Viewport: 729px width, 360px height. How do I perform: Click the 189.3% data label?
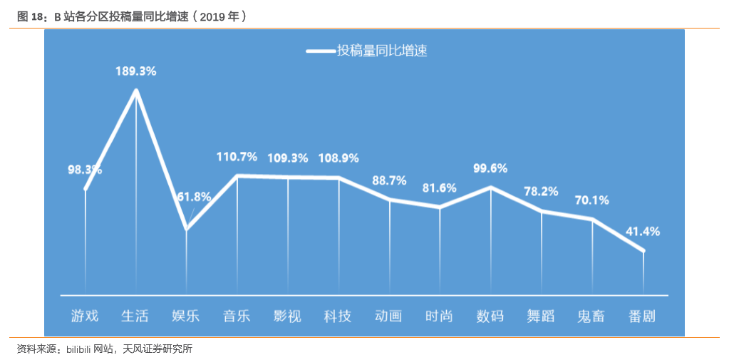136,71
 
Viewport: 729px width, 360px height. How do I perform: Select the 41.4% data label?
643,231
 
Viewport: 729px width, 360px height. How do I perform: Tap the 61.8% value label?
194,196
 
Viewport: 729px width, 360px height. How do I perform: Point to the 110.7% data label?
237,157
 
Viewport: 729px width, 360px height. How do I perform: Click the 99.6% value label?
490,168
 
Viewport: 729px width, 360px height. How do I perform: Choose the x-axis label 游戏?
85,316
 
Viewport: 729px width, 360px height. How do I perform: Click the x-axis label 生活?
135,316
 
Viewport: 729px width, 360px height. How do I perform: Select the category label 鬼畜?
591,316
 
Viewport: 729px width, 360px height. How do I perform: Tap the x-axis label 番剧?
643,316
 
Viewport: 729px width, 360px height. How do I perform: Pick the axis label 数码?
490,316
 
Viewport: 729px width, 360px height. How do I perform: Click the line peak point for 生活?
136,91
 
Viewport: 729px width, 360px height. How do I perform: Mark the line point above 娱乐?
187,229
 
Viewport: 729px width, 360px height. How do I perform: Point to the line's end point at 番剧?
643,250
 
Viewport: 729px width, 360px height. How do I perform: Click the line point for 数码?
490,187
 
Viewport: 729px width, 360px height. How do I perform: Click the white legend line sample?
321,51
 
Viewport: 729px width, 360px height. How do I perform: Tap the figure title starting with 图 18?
133,16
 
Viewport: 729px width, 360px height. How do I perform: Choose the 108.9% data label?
338,158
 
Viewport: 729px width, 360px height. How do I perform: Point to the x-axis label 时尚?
439,316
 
